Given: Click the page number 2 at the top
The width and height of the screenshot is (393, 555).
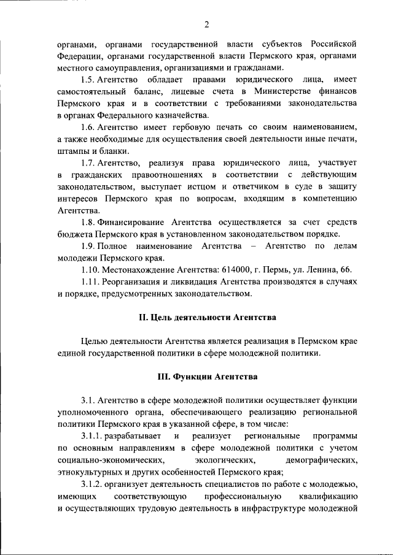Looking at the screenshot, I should pyautogui.click(x=207, y=24).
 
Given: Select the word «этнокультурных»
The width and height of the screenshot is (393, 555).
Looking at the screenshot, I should pyautogui.click(x=89, y=472).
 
